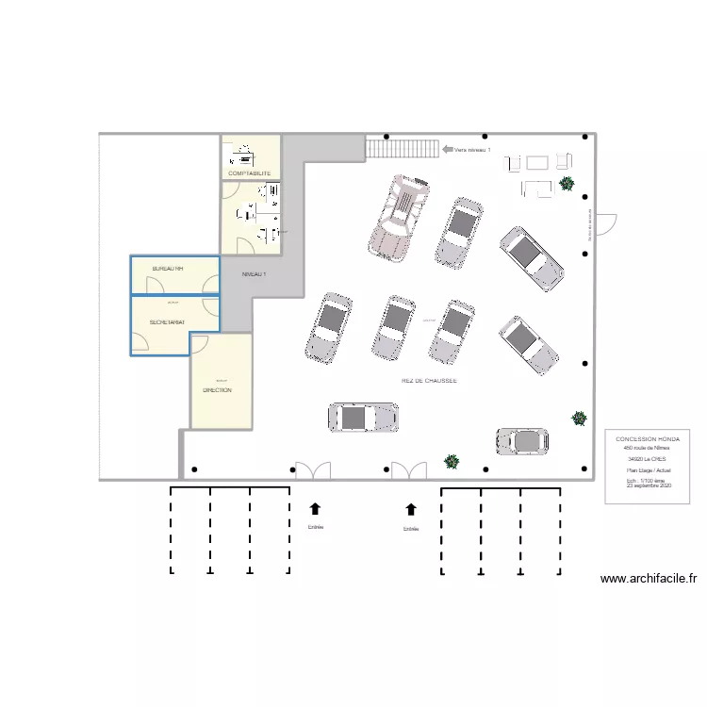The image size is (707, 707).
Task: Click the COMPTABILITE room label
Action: click(250, 173)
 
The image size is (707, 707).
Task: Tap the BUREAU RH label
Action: click(168, 269)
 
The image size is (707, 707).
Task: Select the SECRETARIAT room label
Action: click(167, 322)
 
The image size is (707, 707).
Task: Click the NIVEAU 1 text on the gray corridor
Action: click(255, 274)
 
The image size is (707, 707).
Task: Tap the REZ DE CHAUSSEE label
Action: click(429, 381)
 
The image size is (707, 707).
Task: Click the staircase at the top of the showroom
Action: click(403, 148)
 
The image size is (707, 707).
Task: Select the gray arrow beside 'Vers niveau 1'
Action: click(447, 149)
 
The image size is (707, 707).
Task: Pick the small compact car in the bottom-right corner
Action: click(522, 440)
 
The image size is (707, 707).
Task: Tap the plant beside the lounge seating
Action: click(566, 183)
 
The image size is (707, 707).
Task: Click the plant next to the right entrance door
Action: click(452, 462)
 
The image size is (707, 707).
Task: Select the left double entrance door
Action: click(313, 470)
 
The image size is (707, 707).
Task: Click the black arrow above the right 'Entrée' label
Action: click(411, 509)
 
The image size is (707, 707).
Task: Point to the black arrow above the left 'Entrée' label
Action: click(315, 509)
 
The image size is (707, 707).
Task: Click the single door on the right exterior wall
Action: click(606, 224)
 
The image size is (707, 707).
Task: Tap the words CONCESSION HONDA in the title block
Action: click(646, 439)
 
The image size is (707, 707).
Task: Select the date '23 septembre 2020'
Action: click(646, 485)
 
